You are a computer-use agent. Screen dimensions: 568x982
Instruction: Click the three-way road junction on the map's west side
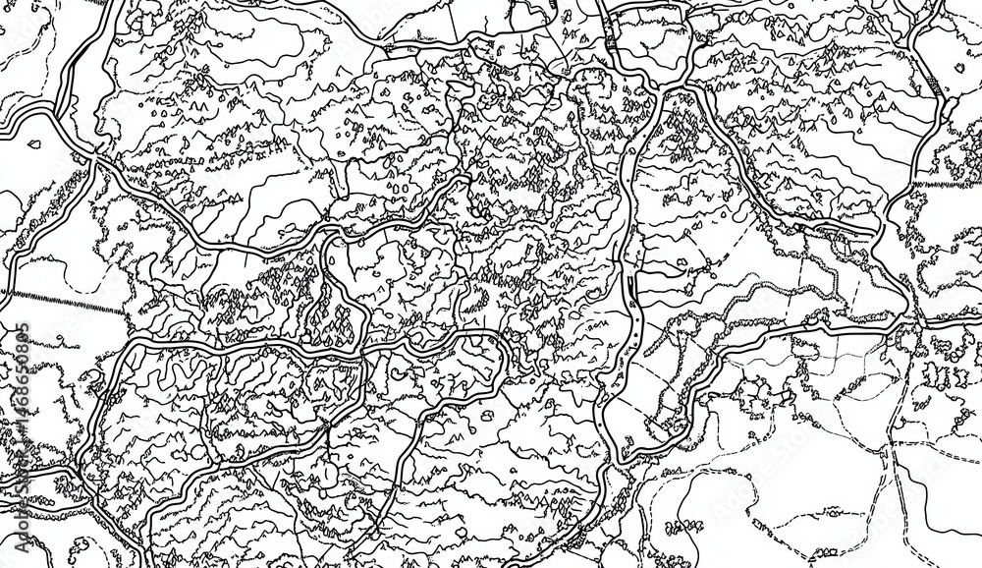[x=95, y=156]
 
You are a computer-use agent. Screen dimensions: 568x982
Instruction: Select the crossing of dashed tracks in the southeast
[x=894, y=447]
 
